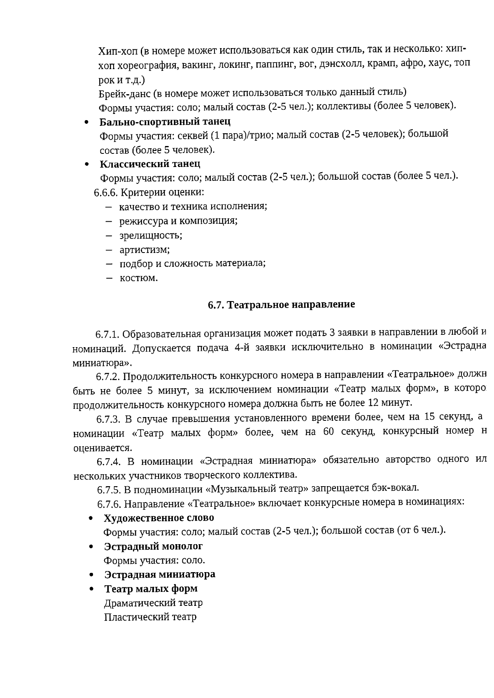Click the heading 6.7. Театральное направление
pyautogui.click(x=281, y=305)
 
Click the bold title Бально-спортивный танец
pyautogui.click(x=165, y=122)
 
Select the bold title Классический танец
pyautogui.click(x=150, y=164)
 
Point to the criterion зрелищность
pyautogui.click(x=151, y=236)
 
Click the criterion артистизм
pyautogui.click(x=144, y=250)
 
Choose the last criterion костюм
pyautogui.click(x=139, y=278)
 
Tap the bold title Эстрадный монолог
pyautogui.click(x=153, y=546)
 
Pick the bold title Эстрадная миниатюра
pyautogui.click(x=160, y=574)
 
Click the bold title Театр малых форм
pyautogui.click(x=151, y=589)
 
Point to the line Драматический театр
pyautogui.click(x=153, y=603)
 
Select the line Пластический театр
pyautogui.click(x=150, y=617)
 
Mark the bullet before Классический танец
pyautogui.click(x=86, y=165)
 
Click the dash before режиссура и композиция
pyautogui.click(x=109, y=221)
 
